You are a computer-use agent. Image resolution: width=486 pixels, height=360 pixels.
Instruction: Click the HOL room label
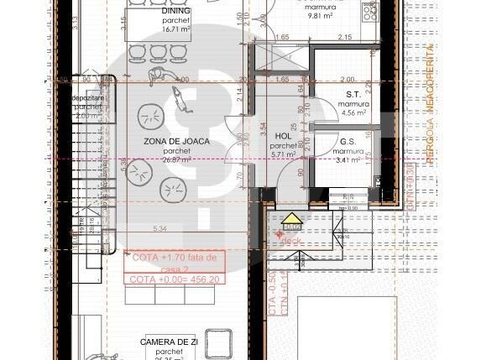point(282,134)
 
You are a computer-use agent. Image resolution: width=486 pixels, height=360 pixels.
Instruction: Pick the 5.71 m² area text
point(282,154)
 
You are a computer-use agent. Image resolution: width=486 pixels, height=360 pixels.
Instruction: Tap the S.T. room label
point(353,95)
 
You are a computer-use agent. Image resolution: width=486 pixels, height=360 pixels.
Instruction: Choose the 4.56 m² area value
point(353,112)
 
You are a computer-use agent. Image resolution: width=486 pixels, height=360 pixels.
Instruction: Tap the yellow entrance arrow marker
point(291,221)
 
